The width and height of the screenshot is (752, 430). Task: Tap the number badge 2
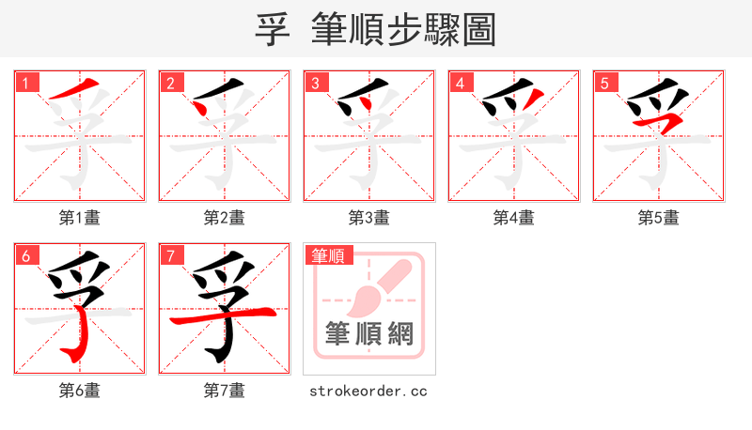171,83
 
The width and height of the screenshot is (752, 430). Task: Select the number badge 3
316,83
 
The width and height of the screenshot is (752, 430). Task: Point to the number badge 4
461,83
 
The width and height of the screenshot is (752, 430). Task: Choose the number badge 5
605,83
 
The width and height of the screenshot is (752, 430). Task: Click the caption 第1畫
79,218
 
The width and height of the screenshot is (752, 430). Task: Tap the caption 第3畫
368,218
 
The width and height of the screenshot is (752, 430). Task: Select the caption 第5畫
658,218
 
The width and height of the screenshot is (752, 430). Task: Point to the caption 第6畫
79,390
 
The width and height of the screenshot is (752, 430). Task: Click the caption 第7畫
224,390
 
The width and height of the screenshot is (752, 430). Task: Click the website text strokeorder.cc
368,390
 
